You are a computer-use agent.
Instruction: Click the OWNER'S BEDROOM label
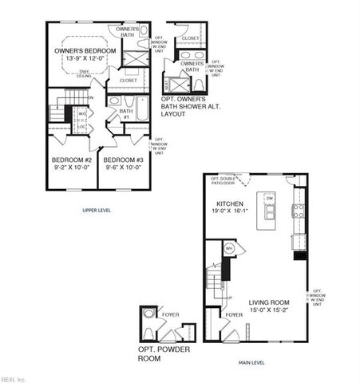click(x=85, y=51)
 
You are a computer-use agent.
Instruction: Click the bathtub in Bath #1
click(x=141, y=108)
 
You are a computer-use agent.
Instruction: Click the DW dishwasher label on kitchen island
click(x=269, y=198)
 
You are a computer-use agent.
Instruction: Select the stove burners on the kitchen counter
click(x=299, y=211)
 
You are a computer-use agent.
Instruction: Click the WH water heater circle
click(x=229, y=248)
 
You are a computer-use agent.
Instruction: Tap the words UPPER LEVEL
click(x=96, y=210)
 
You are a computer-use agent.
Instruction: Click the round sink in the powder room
click(x=148, y=334)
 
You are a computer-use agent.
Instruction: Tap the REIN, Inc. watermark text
click(x=14, y=378)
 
